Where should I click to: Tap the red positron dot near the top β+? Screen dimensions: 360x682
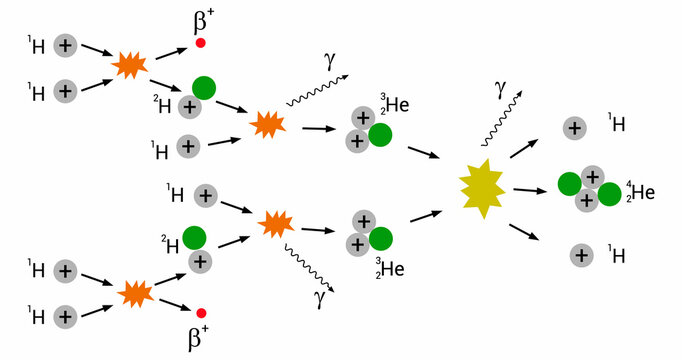tap(201, 43)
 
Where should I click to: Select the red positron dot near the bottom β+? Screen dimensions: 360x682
tap(201, 313)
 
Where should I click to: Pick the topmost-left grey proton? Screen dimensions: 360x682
tap(65, 44)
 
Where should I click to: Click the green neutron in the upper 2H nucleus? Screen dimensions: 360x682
tap(204, 88)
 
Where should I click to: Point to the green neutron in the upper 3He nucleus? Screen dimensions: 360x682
tap(379, 134)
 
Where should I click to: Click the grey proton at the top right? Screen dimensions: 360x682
tap(574, 127)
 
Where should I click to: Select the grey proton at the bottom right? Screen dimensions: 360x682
tap(579, 254)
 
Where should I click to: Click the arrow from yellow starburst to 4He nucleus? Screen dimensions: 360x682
tap(530, 189)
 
